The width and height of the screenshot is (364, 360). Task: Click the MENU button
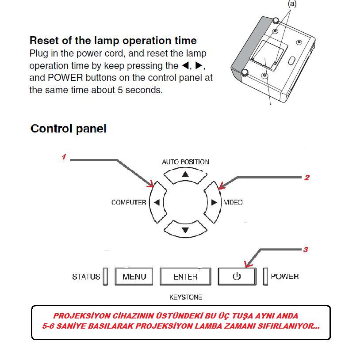point(134,277)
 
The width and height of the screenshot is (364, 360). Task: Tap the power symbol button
point(237,277)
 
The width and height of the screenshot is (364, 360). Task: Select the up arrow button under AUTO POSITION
point(185,174)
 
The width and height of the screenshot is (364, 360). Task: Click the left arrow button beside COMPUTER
point(157,202)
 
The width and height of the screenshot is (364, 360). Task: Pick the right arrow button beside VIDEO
point(213,202)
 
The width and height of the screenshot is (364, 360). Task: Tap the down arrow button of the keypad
point(185,230)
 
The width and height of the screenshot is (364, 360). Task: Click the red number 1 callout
point(64,157)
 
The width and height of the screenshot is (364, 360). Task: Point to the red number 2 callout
point(307,178)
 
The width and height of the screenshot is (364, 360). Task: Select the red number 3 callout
point(305,250)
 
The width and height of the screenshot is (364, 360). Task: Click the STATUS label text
point(86,277)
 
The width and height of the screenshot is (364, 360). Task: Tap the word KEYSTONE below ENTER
point(185,297)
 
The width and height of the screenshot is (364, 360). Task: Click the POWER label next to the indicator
point(284,277)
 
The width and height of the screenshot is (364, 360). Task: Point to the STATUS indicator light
point(105,277)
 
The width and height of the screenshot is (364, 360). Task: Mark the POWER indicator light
point(265,277)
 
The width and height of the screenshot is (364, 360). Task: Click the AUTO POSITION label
point(185,162)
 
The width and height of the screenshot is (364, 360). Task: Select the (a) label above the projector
point(292,4)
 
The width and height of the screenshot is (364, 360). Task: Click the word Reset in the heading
point(43,41)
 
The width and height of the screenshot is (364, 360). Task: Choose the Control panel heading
point(69,129)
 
